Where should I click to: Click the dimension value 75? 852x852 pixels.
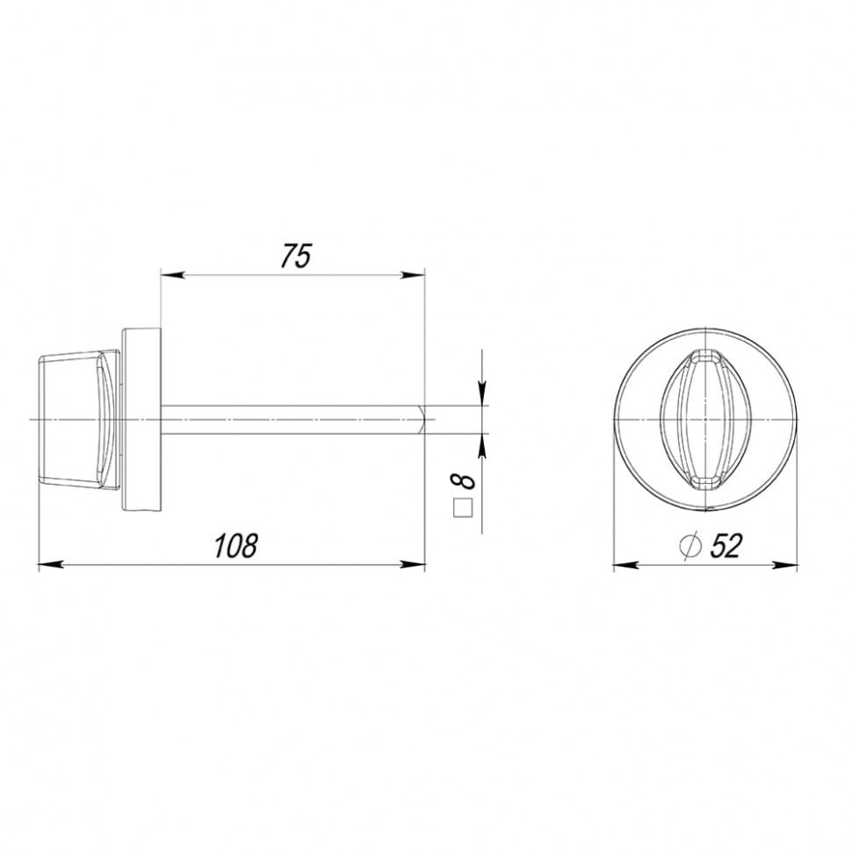tap(296, 256)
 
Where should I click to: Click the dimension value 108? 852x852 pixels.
tap(236, 545)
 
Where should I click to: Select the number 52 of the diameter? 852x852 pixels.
tap(726, 546)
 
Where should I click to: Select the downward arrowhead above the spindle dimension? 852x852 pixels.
tap(481, 394)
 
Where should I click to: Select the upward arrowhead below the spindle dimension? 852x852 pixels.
tap(481, 444)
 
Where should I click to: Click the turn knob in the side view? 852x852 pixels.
tap(77, 419)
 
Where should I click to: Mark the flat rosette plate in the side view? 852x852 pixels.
tap(141, 419)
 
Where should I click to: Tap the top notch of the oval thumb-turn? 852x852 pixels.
tap(705, 356)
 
